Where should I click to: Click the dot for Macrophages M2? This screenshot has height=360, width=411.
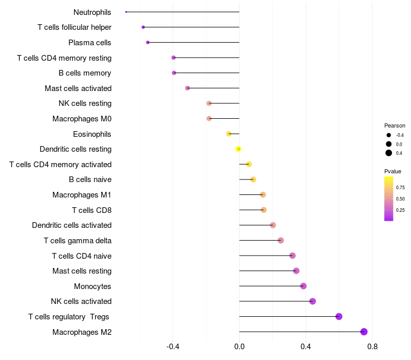[364, 332]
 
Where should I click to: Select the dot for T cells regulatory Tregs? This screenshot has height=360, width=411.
[339, 316]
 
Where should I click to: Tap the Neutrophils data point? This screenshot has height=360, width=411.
[126, 12]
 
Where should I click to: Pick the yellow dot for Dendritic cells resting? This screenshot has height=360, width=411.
[238, 149]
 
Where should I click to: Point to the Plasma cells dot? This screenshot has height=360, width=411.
[148, 42]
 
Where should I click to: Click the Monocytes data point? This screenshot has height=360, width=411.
[303, 286]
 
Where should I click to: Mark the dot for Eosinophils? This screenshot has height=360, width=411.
[229, 134]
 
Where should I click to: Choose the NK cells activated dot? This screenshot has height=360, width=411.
[312, 301]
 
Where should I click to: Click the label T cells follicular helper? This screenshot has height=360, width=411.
[74, 27]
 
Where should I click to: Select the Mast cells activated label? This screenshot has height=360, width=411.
[78, 88]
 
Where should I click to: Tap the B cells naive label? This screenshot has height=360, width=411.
[90, 179]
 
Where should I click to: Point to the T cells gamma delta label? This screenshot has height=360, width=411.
[78, 241]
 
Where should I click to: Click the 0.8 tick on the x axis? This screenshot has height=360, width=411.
[372, 347]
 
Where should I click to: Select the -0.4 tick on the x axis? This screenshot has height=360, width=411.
[173, 347]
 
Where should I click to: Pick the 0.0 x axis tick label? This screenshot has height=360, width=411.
[239, 347]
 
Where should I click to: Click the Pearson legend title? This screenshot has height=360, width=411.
[395, 125]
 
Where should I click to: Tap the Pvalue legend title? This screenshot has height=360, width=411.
[393, 171]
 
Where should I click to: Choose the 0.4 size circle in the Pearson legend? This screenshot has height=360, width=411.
[389, 153]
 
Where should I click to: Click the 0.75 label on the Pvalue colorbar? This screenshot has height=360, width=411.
[400, 187]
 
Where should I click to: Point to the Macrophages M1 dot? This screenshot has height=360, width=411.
[263, 194]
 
